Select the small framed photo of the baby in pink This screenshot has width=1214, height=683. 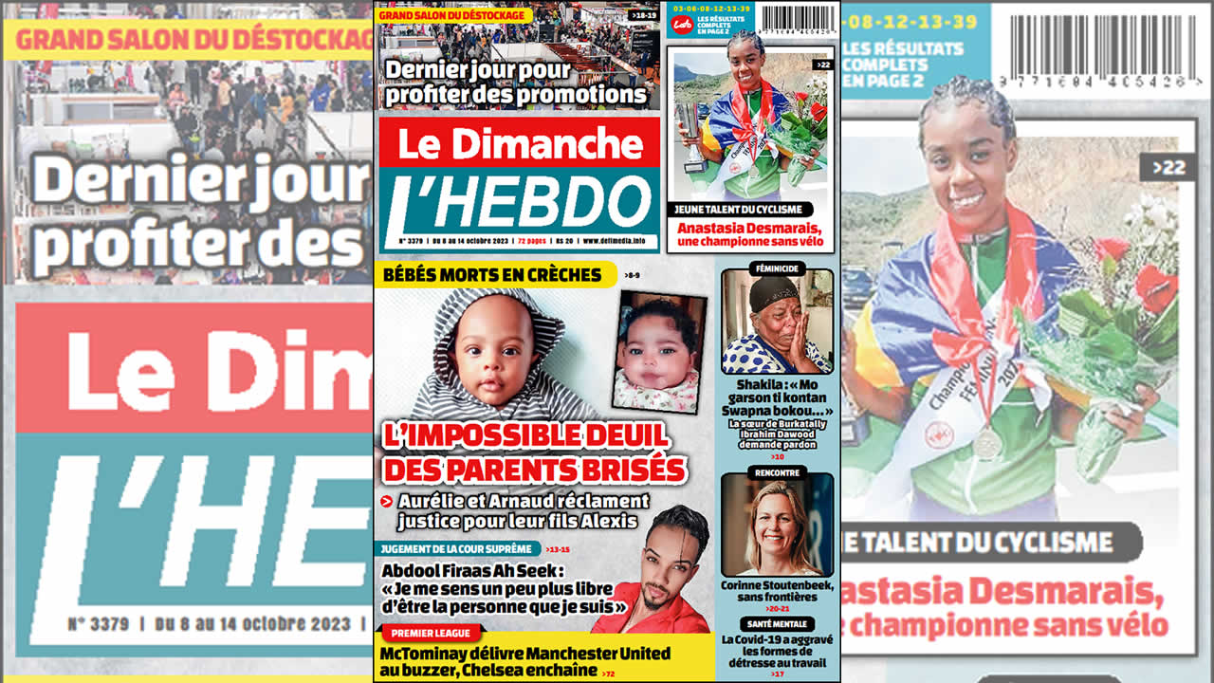click(x=660, y=351)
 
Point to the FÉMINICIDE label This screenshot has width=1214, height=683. click(x=778, y=268)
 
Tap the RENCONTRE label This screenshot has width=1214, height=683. click(x=778, y=471)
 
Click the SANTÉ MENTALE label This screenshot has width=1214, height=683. click(x=778, y=624)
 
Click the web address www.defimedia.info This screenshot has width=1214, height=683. click(x=619, y=242)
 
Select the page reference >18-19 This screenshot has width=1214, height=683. click(x=641, y=16)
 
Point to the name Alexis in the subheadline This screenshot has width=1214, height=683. click(x=609, y=521)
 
